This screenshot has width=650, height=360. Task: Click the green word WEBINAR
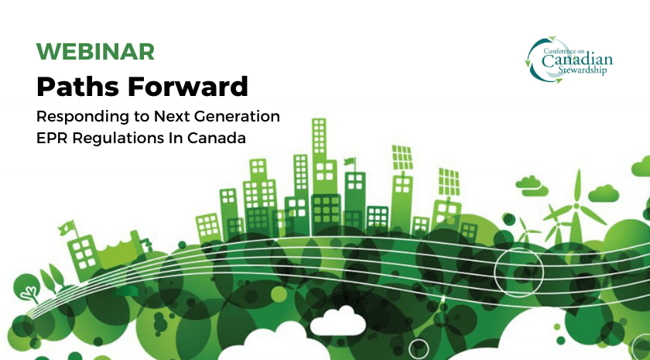pyautogui.click(x=95, y=51)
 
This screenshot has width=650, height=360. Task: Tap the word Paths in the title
pyautogui.click(x=78, y=86)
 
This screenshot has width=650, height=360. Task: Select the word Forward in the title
pyautogui.click(x=188, y=86)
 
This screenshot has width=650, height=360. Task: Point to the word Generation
pyautogui.click(x=237, y=116)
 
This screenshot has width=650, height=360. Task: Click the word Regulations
pyautogui.click(x=118, y=139)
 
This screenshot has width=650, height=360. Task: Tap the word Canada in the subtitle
pyautogui.click(x=217, y=138)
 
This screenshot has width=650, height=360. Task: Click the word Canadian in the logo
pyautogui.click(x=577, y=60)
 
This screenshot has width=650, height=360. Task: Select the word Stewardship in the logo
pyautogui.click(x=582, y=70)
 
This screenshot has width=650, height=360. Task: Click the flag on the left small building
pyautogui.click(x=66, y=228)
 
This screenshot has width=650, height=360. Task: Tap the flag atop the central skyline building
pyautogui.click(x=350, y=161)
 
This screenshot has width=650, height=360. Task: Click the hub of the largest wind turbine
pyautogui.click(x=576, y=205)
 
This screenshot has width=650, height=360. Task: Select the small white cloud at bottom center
pyautogui.click(x=338, y=321)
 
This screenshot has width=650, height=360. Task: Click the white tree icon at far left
pyautogui.click(x=29, y=293)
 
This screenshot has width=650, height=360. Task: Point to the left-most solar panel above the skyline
pyautogui.click(x=402, y=158)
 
